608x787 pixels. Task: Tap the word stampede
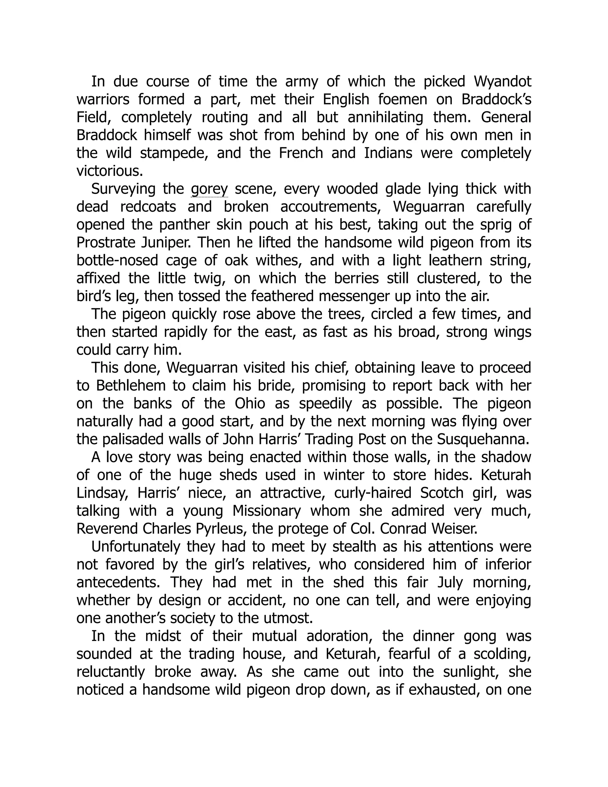172,154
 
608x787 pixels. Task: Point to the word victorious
110,171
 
